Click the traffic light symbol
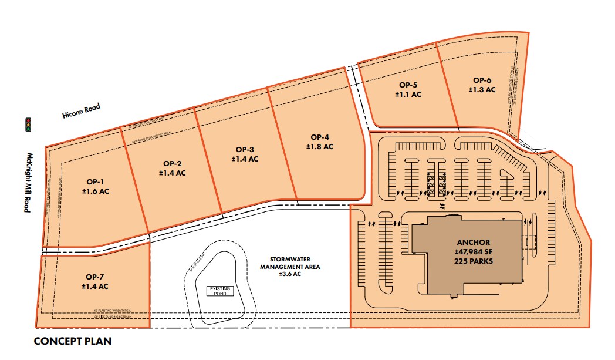point(28,124)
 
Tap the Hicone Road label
point(81,111)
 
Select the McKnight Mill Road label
point(27,182)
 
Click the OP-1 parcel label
point(96,182)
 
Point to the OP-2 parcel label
point(173,164)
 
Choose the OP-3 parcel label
point(245,149)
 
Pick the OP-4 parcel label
point(319,137)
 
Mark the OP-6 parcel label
point(482,80)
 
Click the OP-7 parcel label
point(95,277)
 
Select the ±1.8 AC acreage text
point(319,146)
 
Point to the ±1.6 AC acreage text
point(96,191)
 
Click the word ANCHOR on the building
point(472,242)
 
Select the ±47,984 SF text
point(472,253)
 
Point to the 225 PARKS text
point(472,263)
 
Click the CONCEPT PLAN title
point(72,341)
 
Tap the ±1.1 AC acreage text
point(408,94)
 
